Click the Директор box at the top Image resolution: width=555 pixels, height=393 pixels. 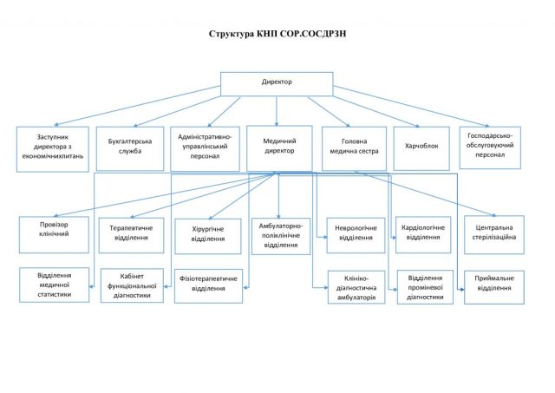click(277, 84)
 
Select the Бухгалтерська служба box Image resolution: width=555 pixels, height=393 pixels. click(130, 149)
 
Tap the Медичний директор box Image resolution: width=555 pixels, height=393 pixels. click(279, 148)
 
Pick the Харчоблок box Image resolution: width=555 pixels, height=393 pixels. click(421, 148)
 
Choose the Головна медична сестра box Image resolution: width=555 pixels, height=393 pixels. click(355, 148)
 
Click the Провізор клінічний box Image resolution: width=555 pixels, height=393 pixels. click(54, 235)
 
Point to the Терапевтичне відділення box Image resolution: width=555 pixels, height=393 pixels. click(131, 235)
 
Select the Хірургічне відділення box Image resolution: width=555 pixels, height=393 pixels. click(208, 236)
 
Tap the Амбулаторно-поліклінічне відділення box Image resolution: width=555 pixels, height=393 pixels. click(281, 236)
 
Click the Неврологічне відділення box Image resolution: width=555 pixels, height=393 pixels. click(356, 235)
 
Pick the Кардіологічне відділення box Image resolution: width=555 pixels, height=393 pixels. click(423, 235)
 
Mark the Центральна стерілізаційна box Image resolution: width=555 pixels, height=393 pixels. click(494, 235)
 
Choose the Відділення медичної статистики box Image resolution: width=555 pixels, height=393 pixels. click(54, 285)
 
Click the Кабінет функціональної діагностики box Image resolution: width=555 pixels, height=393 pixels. click(132, 285)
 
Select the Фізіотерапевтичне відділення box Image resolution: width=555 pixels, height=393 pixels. click(208, 286)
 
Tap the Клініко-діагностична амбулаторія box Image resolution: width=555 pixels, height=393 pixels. click(356, 287)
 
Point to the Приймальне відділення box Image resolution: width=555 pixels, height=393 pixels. click(494, 287)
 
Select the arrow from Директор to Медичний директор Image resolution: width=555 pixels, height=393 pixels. click(277, 111)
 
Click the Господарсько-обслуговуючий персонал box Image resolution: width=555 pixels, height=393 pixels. click(490, 147)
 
